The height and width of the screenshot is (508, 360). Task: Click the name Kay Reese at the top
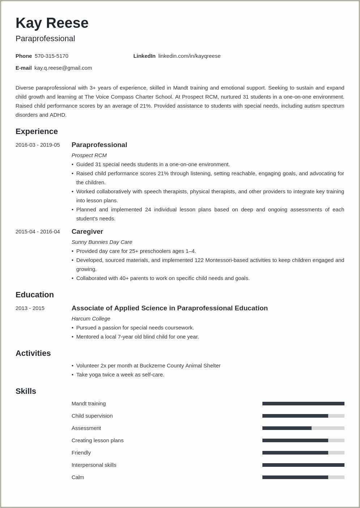pos(52,23)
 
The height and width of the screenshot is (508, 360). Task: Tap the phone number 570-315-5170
pos(51,56)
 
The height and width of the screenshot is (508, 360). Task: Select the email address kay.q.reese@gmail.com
pos(63,68)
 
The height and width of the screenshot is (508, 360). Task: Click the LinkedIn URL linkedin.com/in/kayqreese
pos(189,56)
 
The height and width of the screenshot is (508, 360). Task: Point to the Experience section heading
pos(37,132)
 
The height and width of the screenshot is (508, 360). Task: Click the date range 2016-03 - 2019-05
pos(38,145)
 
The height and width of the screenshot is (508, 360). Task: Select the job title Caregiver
pos(87,232)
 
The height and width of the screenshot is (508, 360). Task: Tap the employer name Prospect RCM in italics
pos(89,155)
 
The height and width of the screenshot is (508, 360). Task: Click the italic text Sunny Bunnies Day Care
pos(102,242)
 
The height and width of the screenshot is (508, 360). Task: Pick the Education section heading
pos(35,295)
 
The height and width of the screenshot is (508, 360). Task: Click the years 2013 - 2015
pos(30,308)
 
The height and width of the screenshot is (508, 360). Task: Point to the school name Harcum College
pos(91,319)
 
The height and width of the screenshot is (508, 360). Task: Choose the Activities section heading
pos(33,353)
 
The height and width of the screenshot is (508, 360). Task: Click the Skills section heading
pos(26,391)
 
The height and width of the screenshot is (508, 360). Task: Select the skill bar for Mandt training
pos(303,404)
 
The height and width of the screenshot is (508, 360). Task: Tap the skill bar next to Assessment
pos(303,428)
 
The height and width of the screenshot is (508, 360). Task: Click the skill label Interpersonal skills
pos(94,465)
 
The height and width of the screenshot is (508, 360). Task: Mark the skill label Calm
pos(78,477)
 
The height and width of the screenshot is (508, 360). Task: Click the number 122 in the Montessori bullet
pos(199,260)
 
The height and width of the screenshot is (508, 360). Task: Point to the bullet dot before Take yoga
pos(72,375)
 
